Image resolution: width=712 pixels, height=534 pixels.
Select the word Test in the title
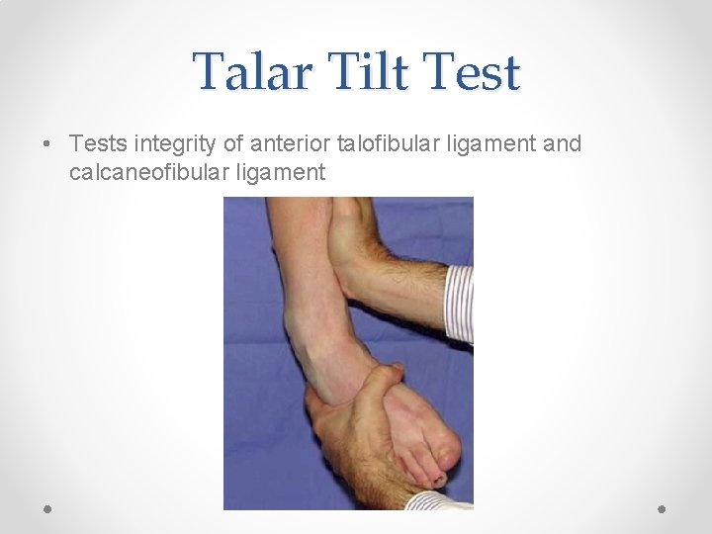click(469, 72)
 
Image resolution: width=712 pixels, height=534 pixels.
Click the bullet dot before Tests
click(47, 145)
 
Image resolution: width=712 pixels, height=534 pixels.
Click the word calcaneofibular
click(147, 173)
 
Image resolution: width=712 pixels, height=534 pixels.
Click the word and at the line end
click(563, 144)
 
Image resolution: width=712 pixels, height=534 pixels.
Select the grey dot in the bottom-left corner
click(48, 508)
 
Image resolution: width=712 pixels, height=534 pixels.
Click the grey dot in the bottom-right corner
click(663, 508)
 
